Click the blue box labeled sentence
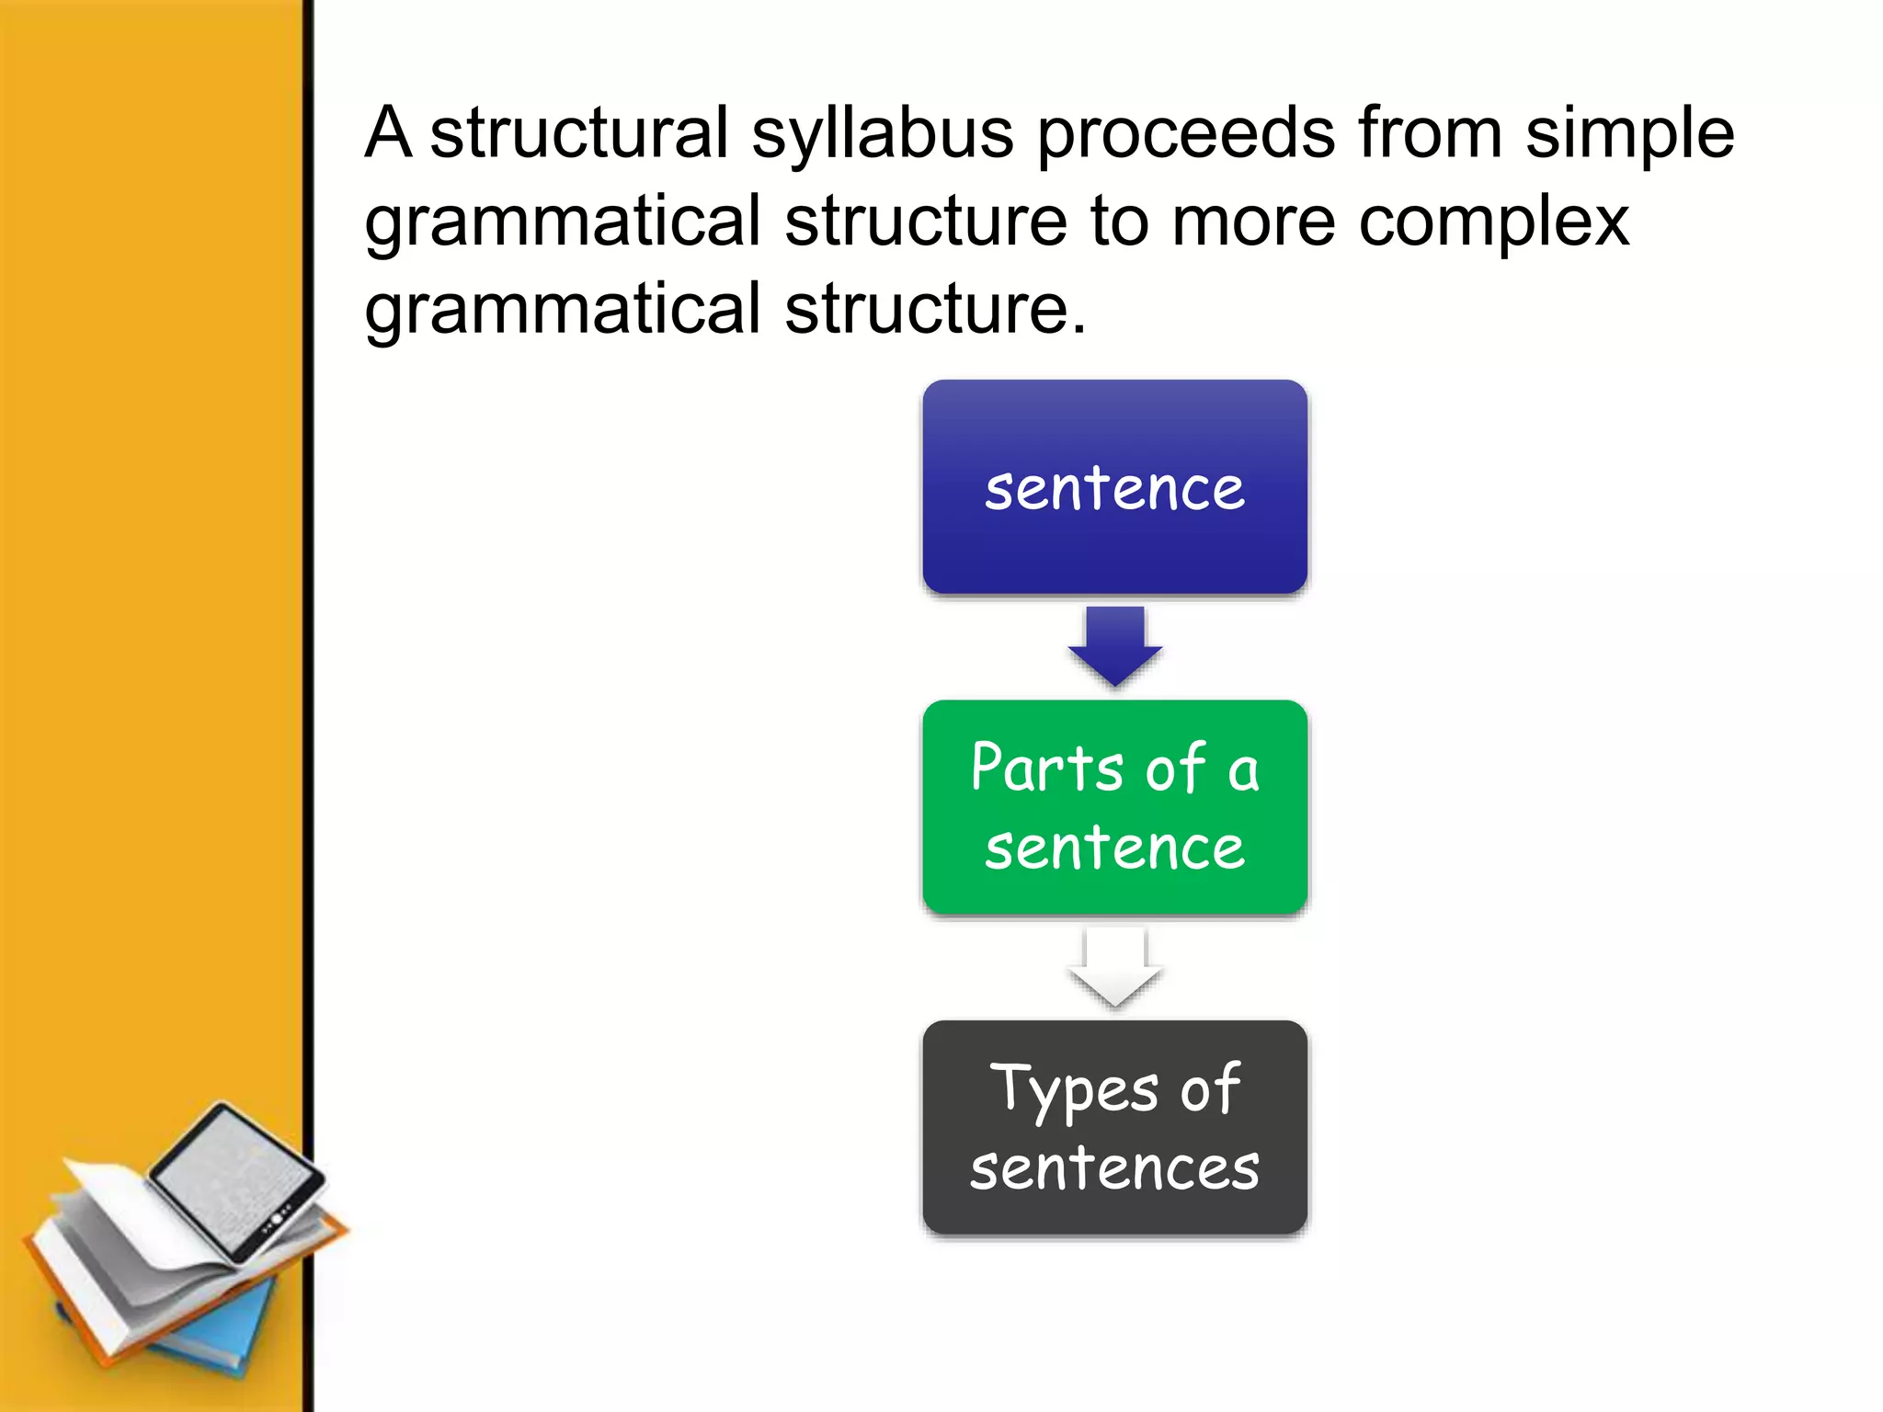point(1114,487)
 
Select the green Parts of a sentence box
point(1114,807)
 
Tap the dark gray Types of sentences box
point(1114,1127)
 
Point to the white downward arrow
point(1114,967)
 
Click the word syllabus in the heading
point(883,134)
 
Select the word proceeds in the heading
point(1186,134)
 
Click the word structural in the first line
point(579,134)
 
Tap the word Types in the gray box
point(1074,1090)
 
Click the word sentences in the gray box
point(1114,1169)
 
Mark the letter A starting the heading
point(388,134)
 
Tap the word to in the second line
point(1119,222)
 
